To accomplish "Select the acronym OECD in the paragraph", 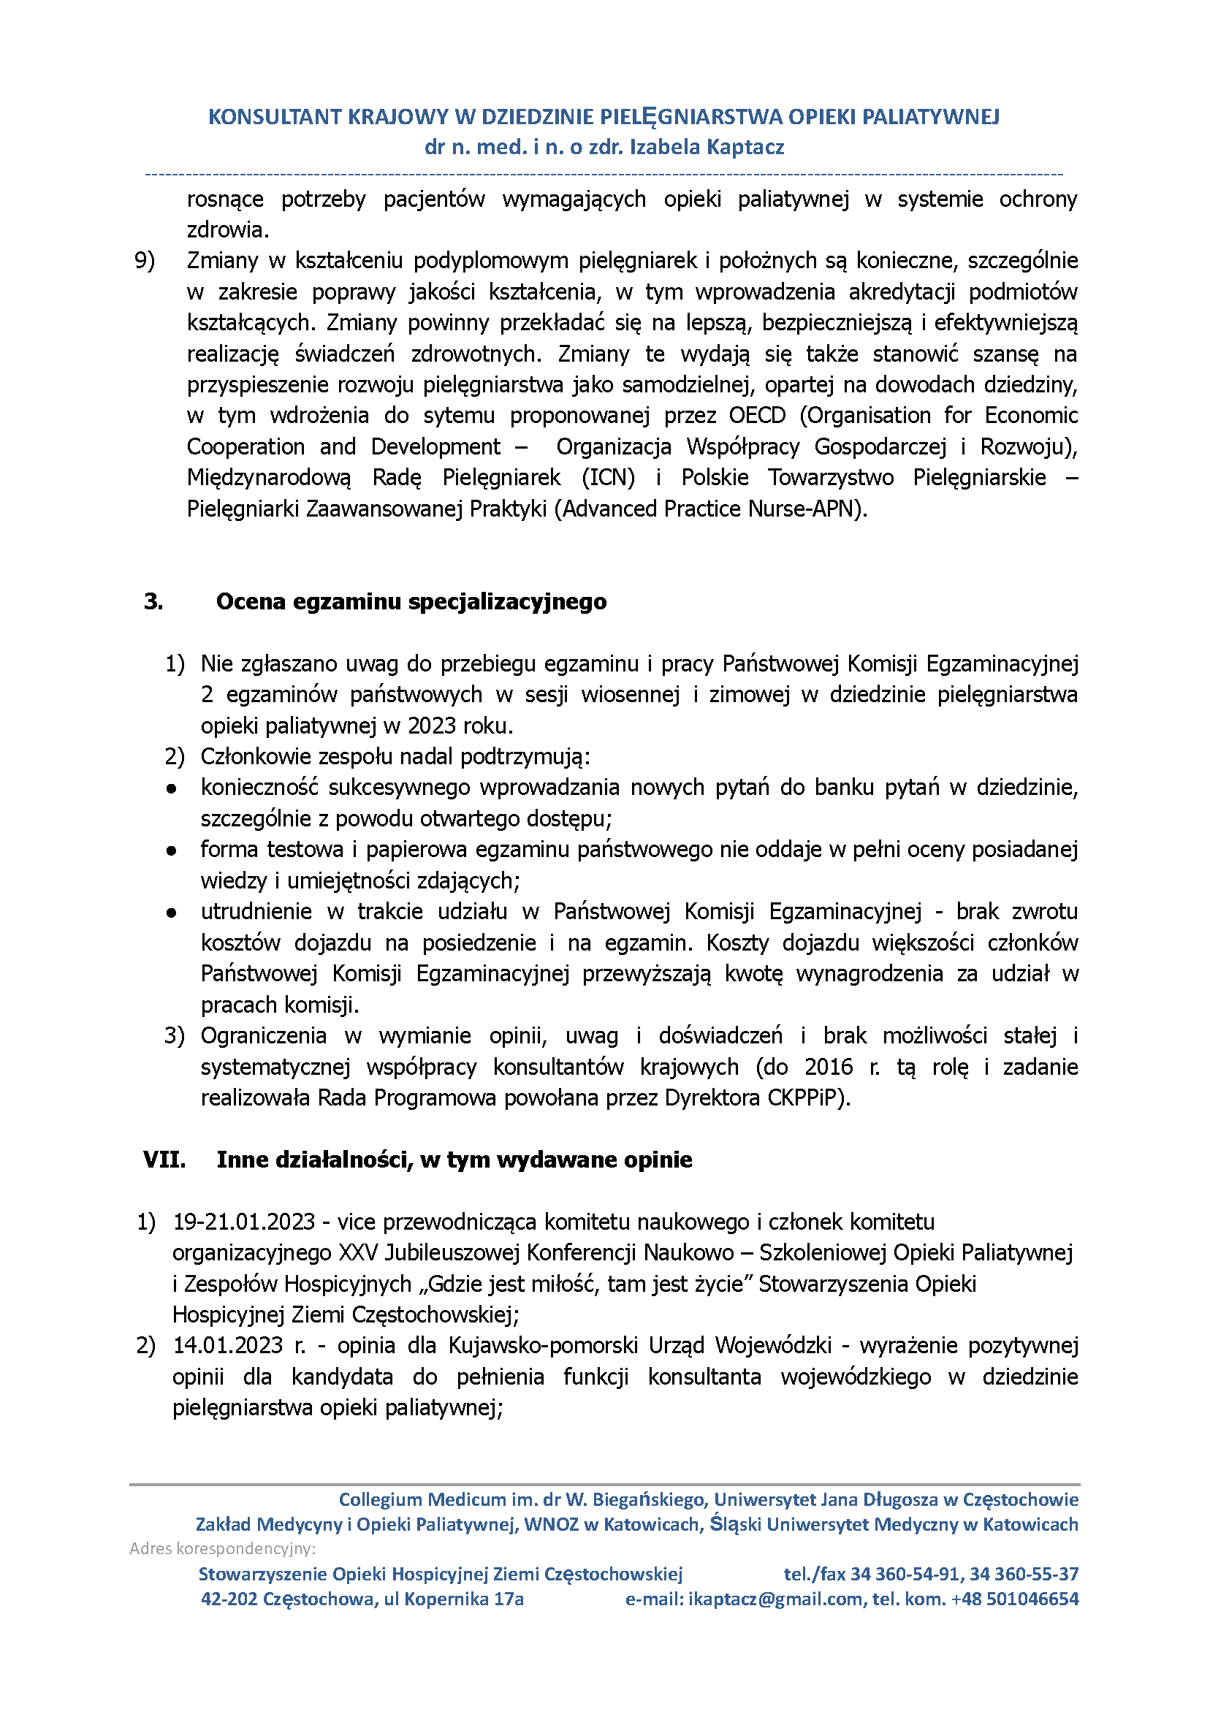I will point(757,415).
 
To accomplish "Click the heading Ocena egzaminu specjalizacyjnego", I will point(411,601).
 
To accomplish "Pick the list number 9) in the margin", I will point(145,260).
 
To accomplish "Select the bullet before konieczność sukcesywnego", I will point(172,788).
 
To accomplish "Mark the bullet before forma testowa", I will point(172,850).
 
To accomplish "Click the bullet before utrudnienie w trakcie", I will point(172,912).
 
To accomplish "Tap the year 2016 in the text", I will point(829,1067).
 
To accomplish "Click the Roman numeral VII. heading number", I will point(164,1160).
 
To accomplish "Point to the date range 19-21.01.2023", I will point(244,1222).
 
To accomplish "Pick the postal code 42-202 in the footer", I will point(229,1599).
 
